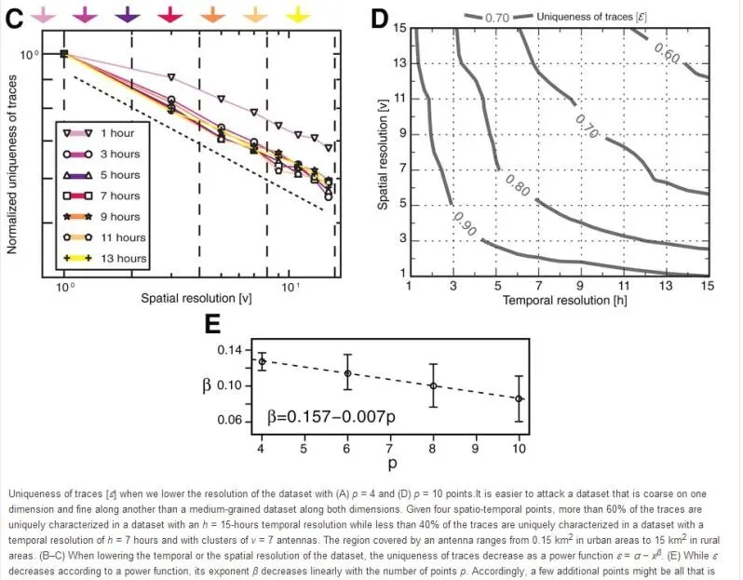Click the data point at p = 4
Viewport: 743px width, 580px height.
[x=263, y=361]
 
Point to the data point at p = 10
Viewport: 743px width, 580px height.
[x=519, y=398]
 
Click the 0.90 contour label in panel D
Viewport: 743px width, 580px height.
[x=464, y=223]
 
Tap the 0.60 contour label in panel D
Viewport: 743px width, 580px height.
[x=667, y=52]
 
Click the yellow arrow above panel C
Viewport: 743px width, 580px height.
[x=296, y=13]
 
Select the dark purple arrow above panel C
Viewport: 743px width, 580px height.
[x=128, y=13]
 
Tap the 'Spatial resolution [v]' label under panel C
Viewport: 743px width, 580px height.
[x=196, y=298]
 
